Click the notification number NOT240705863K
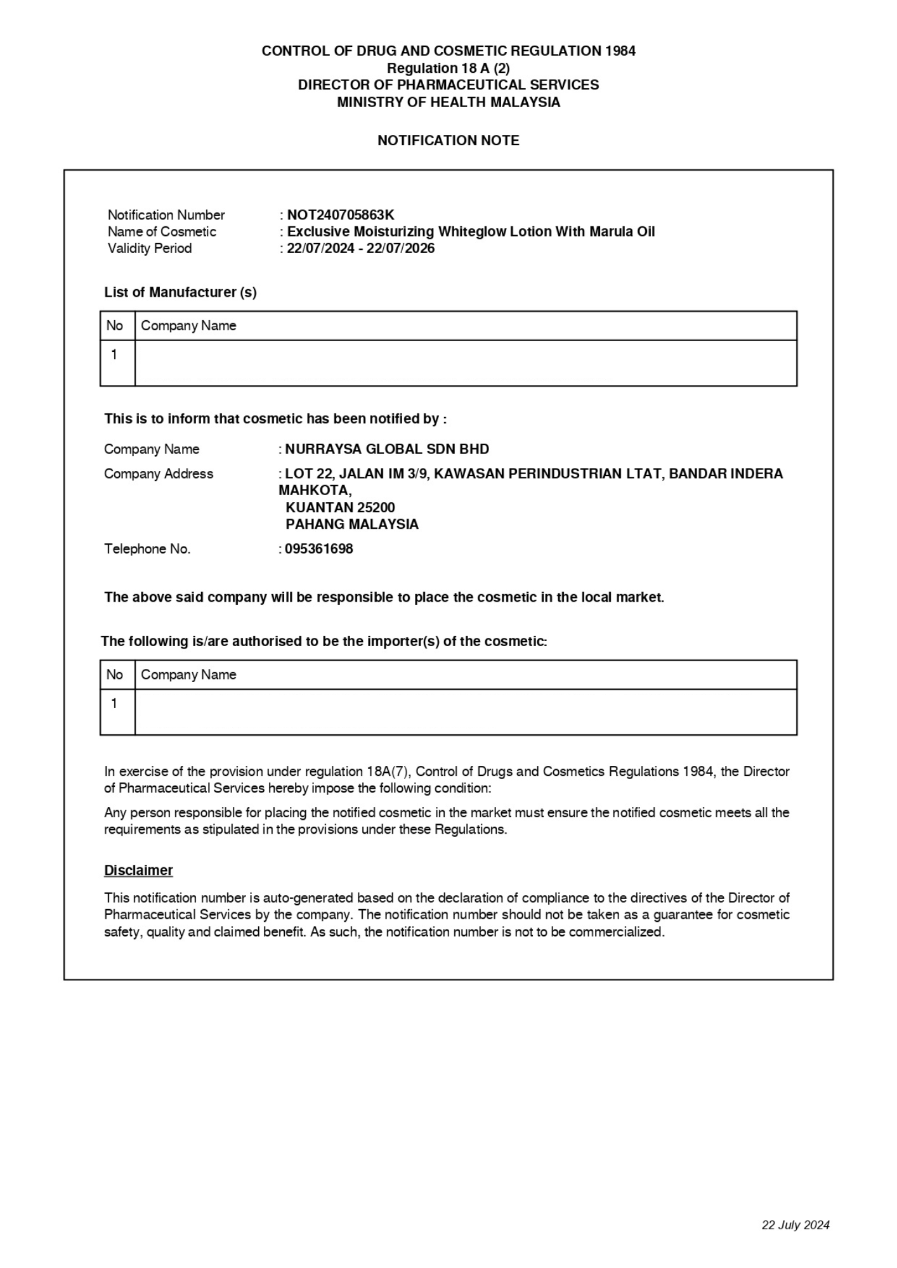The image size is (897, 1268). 341,215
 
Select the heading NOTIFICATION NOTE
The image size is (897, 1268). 448,140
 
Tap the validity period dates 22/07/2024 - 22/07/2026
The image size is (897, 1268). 360,248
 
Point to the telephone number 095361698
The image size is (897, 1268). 318,548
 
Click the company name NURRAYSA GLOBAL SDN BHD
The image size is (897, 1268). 387,449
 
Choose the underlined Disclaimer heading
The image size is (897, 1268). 138,870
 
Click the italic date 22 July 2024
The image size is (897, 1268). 795,1225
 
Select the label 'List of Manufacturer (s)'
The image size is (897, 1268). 180,292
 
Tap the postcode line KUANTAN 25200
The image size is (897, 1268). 340,507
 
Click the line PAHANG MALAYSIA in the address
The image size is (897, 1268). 352,524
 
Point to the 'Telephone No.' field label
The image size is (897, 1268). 147,548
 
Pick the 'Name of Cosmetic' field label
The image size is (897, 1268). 162,231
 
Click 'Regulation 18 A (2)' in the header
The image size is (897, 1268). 448,68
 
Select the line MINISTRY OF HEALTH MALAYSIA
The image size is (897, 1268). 448,102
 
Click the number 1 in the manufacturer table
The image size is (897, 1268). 114,354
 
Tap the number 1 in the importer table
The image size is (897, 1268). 114,703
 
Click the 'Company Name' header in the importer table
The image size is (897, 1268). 188,675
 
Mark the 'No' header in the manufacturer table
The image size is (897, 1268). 114,325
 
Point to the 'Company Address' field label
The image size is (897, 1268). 159,474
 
